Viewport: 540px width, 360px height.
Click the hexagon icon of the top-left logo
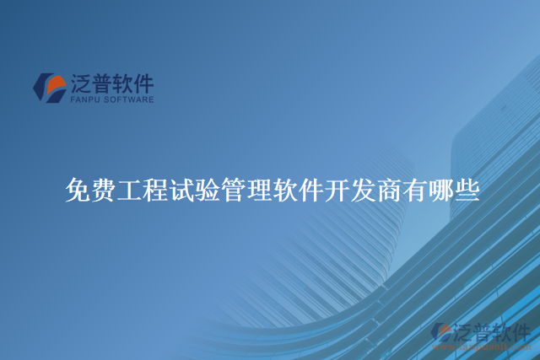point(49,87)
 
